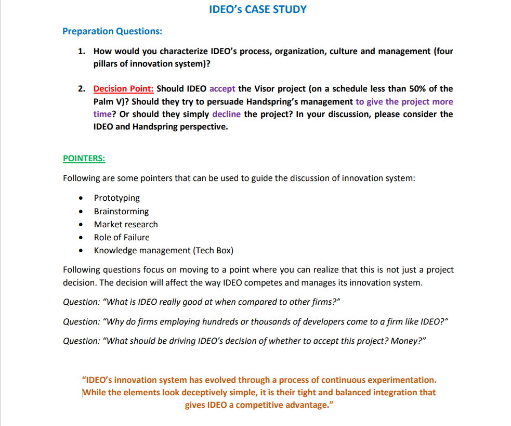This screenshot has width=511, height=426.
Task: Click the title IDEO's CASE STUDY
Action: coord(257,9)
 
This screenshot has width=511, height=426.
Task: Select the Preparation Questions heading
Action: coord(112,31)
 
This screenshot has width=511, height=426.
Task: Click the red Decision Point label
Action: coord(123,89)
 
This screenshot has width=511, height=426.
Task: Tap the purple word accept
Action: coord(222,89)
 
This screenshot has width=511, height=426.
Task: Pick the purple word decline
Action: coord(226,114)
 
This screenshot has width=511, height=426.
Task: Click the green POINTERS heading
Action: coord(84,158)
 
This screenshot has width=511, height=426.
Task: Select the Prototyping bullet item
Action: coord(117,198)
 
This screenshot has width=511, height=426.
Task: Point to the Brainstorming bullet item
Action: coord(121,211)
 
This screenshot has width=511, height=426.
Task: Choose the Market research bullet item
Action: coord(126,224)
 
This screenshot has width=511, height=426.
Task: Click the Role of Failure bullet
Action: coord(122,237)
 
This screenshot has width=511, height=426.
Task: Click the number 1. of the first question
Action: coord(82,51)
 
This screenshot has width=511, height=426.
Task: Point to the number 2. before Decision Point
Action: coord(82,89)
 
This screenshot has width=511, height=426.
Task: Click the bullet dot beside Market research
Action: coord(81,225)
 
